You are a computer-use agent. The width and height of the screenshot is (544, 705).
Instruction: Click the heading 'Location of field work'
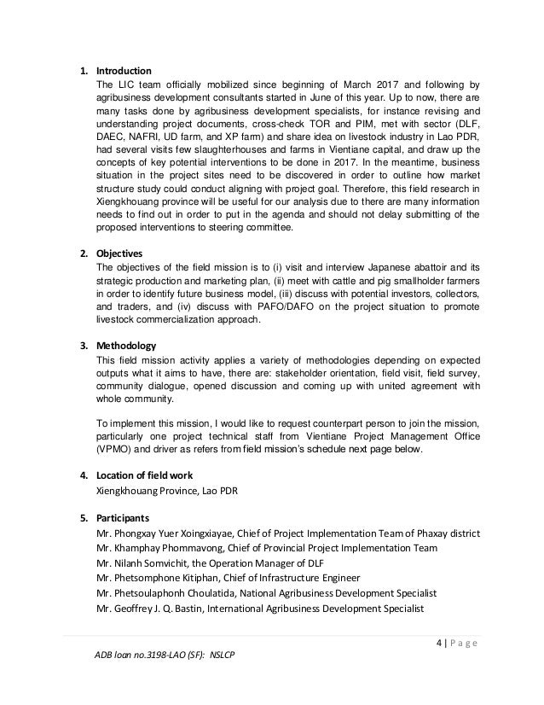click(x=148, y=475)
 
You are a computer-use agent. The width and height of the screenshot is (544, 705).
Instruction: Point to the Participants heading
click(x=124, y=517)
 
